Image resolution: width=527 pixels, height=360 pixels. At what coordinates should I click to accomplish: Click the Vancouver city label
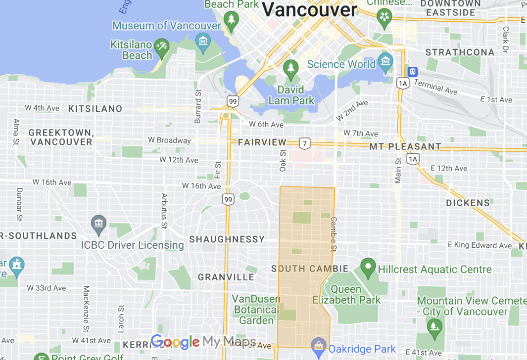[309, 9]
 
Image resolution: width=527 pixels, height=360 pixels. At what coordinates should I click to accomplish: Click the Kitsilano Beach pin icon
[161, 48]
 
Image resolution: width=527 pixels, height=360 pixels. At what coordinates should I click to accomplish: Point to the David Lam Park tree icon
[291, 69]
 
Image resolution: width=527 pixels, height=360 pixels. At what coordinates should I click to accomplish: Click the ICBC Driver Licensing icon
[99, 224]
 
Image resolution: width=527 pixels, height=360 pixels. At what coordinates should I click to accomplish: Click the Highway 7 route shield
[305, 143]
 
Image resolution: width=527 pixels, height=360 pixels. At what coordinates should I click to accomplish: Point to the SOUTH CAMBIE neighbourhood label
[310, 269]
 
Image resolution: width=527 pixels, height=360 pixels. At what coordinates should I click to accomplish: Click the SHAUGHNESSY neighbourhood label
[227, 239]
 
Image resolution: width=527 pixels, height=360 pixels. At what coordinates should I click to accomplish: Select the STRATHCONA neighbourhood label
[460, 52]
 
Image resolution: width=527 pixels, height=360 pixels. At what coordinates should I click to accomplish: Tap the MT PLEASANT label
[405, 147]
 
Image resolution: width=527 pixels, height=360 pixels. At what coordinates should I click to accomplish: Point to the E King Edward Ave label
[479, 245]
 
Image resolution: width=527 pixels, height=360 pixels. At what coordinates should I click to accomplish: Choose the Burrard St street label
[198, 99]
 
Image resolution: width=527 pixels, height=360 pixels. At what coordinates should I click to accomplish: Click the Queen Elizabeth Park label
[346, 295]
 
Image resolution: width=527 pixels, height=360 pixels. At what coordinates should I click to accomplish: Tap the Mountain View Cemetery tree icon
[434, 326]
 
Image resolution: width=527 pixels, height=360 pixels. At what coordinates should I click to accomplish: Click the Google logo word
[175, 341]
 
